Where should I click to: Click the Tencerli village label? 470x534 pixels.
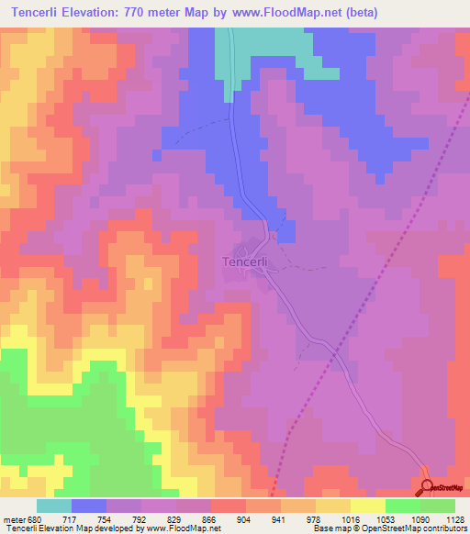pyautogui.click(x=246, y=261)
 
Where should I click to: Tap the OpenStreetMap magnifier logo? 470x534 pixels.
pyautogui.click(x=428, y=487)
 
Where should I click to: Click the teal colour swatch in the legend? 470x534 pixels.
pyautogui.click(x=54, y=506)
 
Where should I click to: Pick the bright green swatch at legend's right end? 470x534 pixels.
pyautogui.click(x=438, y=506)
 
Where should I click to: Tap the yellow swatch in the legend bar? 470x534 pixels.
pyautogui.click(x=368, y=506)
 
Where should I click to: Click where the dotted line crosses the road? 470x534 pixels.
pyautogui.click(x=335, y=350)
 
